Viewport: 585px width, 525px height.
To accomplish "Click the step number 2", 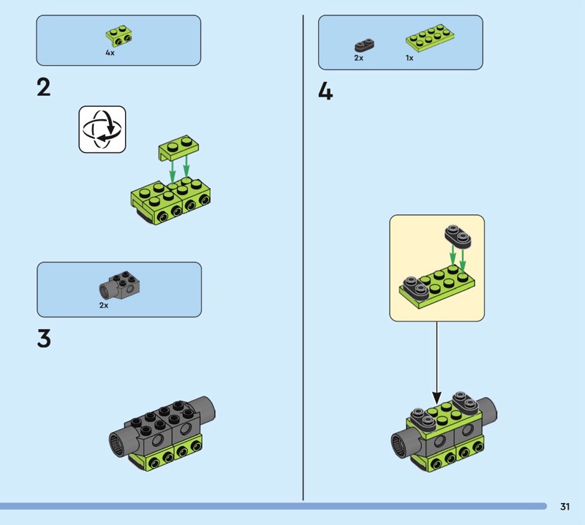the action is (44, 88).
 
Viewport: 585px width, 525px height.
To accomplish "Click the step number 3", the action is (44, 339).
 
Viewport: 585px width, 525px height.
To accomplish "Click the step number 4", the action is (325, 91).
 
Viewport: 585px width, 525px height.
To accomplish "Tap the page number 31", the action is (565, 506).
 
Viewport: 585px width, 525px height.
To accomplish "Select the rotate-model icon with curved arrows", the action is (102, 129).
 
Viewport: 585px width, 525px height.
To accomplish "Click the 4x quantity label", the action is (110, 53).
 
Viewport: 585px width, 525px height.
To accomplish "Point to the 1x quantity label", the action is (409, 58).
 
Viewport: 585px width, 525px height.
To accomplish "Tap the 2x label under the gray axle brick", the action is (104, 305).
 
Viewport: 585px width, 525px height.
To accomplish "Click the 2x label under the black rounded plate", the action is (358, 58).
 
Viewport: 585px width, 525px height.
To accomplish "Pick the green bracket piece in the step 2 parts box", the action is (119, 36).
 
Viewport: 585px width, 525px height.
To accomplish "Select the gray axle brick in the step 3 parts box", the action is (119, 285).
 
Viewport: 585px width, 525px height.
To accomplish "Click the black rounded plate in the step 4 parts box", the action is (364, 45).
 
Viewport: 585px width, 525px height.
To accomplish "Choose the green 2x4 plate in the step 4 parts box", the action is (430, 38).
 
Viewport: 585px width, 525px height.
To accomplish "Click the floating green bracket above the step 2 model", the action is (178, 148).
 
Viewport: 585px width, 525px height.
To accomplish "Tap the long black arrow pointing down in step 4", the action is (437, 362).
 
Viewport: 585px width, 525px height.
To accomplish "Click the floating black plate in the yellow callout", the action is (458, 237).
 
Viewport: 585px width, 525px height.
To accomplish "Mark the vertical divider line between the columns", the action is (303, 257).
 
